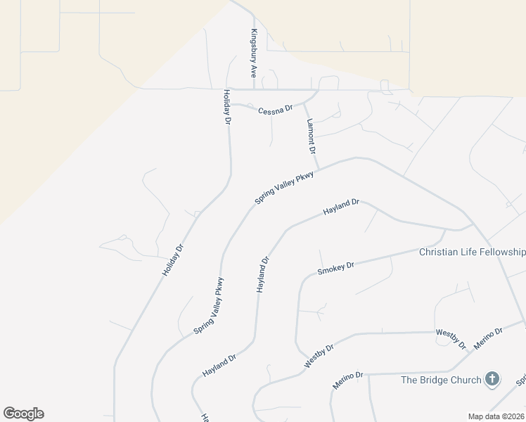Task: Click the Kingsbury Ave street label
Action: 253,53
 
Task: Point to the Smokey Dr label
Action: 335,268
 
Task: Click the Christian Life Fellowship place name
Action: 472,252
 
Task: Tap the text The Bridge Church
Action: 441,380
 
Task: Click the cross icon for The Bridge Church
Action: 492,379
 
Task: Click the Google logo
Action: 23,414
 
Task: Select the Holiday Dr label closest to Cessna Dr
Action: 227,107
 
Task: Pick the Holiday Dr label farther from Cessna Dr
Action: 173,259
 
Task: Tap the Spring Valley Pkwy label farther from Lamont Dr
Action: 210,305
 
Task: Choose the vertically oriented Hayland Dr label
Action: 263,275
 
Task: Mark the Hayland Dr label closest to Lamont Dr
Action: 341,207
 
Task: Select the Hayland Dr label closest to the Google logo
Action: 219,362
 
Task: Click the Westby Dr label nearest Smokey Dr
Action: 319,356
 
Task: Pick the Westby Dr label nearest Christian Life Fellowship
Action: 451,337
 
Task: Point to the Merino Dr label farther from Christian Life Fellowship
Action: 347,381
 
